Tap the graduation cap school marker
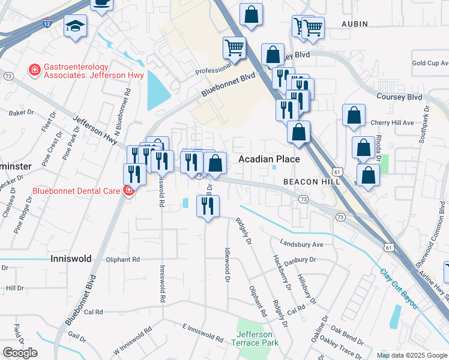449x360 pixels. point(76,26)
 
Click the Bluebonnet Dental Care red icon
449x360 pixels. point(128,191)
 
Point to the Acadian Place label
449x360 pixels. point(269,159)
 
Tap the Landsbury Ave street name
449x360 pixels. point(301,244)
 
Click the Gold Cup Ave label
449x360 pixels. point(430,63)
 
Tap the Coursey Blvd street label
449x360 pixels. point(399,97)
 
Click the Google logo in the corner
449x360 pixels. point(19,353)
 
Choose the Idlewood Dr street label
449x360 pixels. point(228,265)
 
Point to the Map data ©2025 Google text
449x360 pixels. point(412,355)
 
